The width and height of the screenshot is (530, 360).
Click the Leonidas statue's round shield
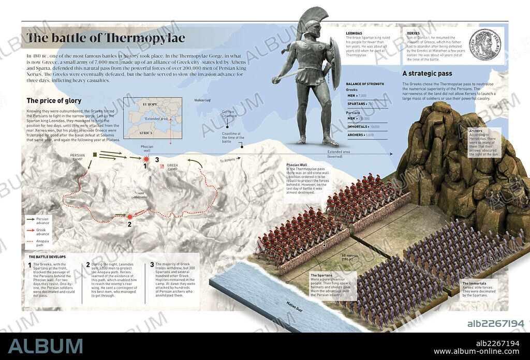(x=335, y=68)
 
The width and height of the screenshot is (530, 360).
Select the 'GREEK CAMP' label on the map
(x=174, y=169)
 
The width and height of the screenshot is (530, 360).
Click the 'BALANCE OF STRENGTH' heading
(x=365, y=84)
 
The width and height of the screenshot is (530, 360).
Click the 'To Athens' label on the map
(x=228, y=160)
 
